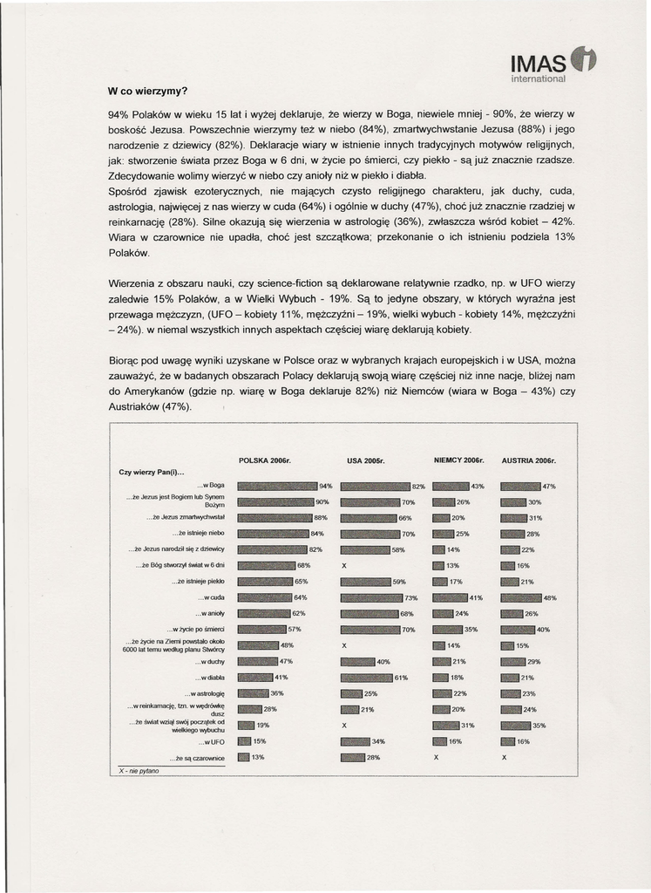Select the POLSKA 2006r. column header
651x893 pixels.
pyautogui.click(x=264, y=460)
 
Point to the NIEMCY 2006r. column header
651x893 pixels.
pyautogui.click(x=458, y=460)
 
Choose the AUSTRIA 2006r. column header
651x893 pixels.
pyautogui.click(x=529, y=460)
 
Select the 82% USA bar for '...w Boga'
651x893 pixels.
pyautogui.click(x=375, y=486)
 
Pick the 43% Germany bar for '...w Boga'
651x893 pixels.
pyautogui.click(x=451, y=486)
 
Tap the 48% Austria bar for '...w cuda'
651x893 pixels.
pyautogui.click(x=521, y=598)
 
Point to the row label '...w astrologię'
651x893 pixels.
pyautogui.click(x=205, y=693)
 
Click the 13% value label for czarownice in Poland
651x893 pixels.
pyautogui.click(x=258, y=758)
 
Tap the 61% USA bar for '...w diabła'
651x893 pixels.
pyautogui.click(x=366, y=678)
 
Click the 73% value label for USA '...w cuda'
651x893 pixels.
pyautogui.click(x=411, y=598)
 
